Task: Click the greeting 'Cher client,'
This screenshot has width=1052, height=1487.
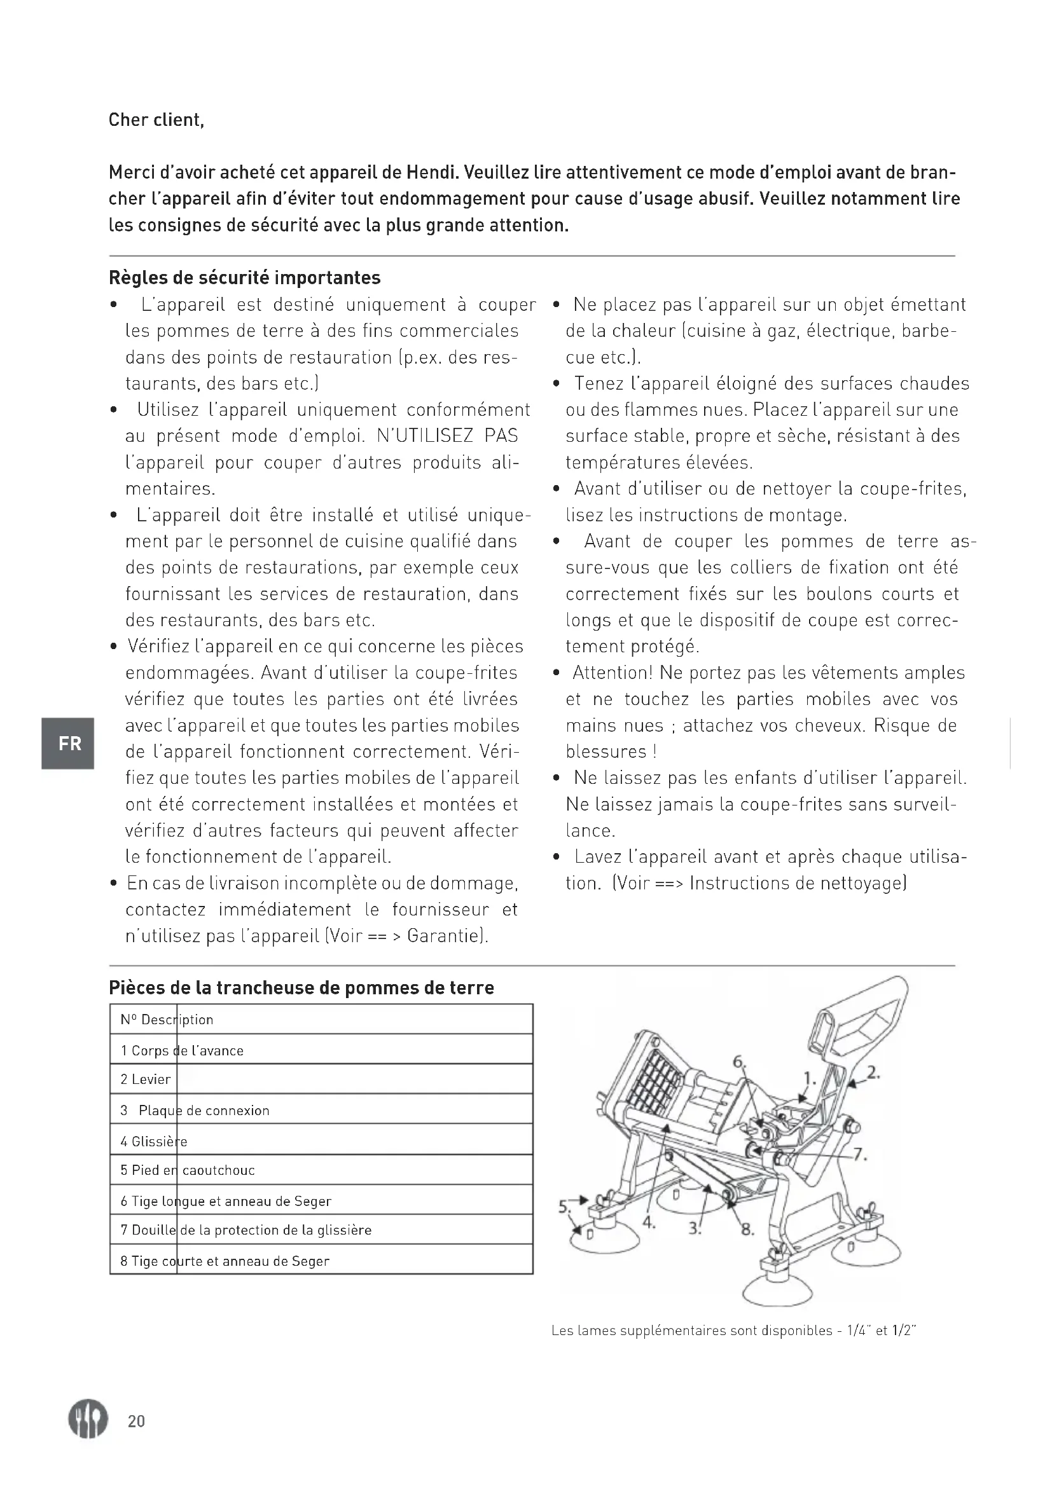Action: pyautogui.click(x=156, y=120)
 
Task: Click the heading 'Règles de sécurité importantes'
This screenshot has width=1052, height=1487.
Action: pyautogui.click(x=244, y=278)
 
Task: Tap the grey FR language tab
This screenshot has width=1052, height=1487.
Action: pyautogui.click(x=68, y=744)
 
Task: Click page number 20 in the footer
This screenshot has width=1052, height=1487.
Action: pyautogui.click(x=136, y=1422)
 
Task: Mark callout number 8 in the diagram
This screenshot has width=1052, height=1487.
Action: pyautogui.click(x=747, y=1230)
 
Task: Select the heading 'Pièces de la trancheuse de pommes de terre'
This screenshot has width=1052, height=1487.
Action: pyautogui.click(x=301, y=988)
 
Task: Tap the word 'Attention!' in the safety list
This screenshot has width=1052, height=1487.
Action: pyautogui.click(x=613, y=673)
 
